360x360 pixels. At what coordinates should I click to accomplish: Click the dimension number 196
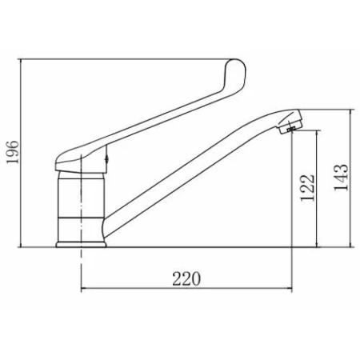[x=13, y=152]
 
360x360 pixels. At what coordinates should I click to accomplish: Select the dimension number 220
[x=186, y=279]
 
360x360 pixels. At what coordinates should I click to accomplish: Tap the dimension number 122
[x=308, y=188]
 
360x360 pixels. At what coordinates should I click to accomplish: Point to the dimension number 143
[x=342, y=177]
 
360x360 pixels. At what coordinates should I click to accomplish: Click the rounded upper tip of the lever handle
[x=236, y=60]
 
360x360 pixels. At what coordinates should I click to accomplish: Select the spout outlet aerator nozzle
[x=291, y=125]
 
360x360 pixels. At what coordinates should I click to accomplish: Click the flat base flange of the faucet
[x=81, y=244]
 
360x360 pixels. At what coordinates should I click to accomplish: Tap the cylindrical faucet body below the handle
[x=81, y=206]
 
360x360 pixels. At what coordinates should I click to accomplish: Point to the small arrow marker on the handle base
[x=106, y=159]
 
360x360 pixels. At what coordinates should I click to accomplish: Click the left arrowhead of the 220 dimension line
[x=82, y=288]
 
